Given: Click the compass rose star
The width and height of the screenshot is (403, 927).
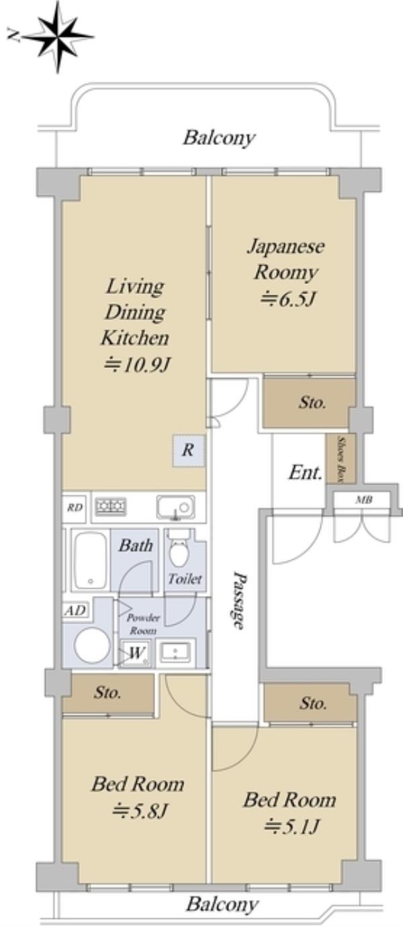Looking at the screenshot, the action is (x=58, y=37).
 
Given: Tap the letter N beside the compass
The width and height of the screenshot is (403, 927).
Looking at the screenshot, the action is (x=13, y=36).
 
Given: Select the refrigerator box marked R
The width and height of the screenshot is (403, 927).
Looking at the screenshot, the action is (x=189, y=450).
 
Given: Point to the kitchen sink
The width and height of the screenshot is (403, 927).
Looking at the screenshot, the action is (x=175, y=507).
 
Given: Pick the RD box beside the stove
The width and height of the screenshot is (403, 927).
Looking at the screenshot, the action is (x=75, y=507).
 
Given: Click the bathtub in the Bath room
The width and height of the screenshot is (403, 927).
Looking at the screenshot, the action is (x=90, y=560).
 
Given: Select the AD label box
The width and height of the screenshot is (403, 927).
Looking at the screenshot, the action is (x=75, y=610).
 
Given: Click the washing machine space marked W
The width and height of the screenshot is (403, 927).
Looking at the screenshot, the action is (x=136, y=653).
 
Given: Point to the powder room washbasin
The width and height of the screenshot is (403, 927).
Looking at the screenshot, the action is (x=175, y=652).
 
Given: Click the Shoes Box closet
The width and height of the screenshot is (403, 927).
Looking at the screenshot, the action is (x=341, y=458).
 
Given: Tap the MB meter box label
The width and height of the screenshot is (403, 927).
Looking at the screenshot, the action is (x=364, y=499).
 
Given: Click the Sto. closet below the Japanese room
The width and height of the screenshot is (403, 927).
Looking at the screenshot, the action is (x=310, y=403).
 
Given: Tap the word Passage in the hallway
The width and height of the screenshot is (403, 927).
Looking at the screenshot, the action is (x=238, y=601).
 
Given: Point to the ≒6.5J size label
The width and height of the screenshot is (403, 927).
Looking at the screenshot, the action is (x=285, y=299).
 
